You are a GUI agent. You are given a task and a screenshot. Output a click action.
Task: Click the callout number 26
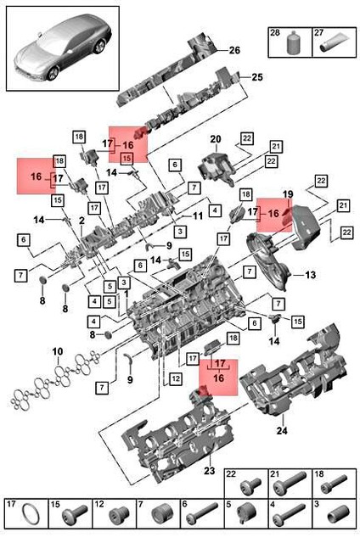(234, 49)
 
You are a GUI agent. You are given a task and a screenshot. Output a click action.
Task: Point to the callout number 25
(257, 77)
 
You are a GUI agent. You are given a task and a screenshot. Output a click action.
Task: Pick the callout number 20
(215, 138)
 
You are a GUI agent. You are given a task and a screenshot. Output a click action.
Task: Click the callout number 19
(287, 195)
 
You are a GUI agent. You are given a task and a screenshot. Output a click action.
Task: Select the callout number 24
(282, 430)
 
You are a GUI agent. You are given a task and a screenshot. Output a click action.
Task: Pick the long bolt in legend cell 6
(204, 516)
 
